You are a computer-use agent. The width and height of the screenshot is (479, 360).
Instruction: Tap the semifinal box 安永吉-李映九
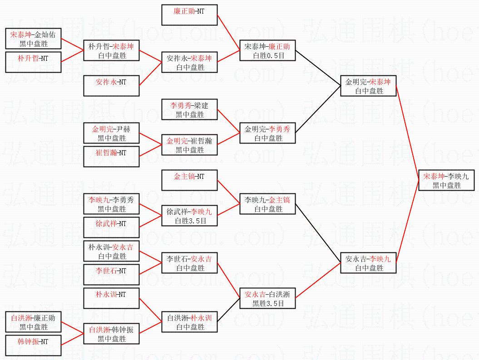pyautogui.click(x=368, y=263)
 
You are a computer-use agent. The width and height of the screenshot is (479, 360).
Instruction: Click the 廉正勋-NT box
pyautogui.click(x=189, y=15)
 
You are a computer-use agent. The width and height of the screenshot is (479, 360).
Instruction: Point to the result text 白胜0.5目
pyautogui.click(x=268, y=56)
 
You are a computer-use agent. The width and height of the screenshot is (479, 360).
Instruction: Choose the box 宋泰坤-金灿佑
pyautogui.click(x=33, y=39)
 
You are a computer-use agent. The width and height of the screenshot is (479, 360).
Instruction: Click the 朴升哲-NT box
pyautogui.click(x=33, y=63)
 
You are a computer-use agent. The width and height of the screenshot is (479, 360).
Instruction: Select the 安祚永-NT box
pyautogui.click(x=111, y=86)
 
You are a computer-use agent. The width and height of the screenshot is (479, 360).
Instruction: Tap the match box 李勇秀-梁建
pyautogui.click(x=189, y=110)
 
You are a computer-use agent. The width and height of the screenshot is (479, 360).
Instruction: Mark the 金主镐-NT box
pyautogui.click(x=189, y=181)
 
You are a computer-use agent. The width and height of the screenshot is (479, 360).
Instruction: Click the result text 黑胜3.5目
pyautogui.click(x=268, y=304)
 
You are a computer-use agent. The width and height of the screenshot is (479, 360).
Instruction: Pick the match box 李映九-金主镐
pyautogui.click(x=268, y=204)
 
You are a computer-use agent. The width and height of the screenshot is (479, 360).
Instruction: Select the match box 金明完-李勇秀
pyautogui.click(x=268, y=133)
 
